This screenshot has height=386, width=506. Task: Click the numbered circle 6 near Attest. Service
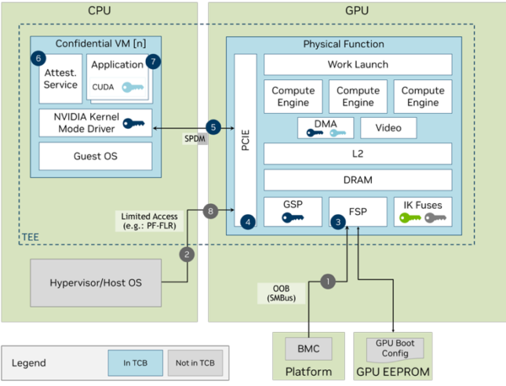point(39,59)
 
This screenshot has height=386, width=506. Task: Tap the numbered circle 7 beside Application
point(153,60)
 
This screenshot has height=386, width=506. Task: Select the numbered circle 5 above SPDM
point(213,127)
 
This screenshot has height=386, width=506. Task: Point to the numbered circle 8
point(209,210)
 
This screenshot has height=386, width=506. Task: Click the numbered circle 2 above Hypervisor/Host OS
point(187,254)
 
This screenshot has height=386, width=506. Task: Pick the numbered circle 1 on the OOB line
point(329,280)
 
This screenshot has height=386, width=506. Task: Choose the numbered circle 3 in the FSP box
point(338,222)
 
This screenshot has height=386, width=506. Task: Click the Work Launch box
point(358,64)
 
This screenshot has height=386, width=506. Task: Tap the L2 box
point(358,154)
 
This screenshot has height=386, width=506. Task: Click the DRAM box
point(358,180)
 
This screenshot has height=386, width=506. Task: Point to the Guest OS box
point(96,156)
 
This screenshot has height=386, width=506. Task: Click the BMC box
point(303,348)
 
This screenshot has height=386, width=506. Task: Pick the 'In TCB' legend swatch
point(134,363)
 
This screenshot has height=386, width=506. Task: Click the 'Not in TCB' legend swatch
point(194,363)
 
